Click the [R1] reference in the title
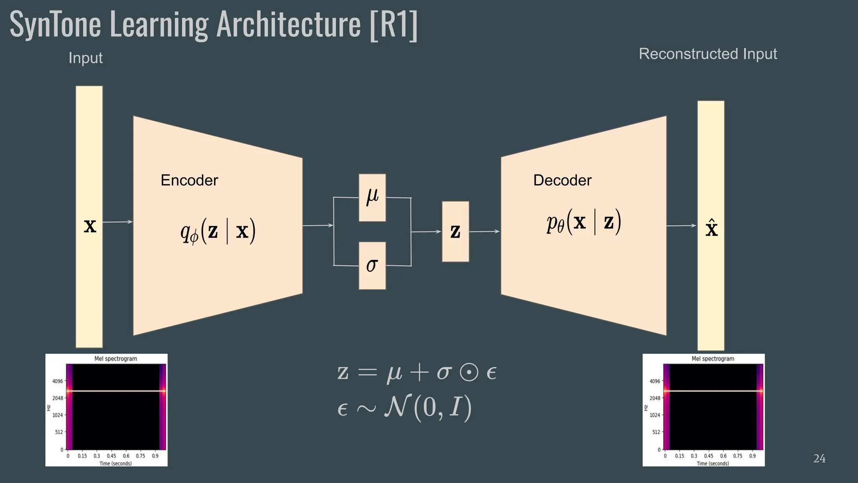tap(394, 25)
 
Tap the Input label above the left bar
tap(85, 58)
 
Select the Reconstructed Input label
tap(708, 54)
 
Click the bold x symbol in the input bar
tap(90, 226)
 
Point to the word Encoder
tap(189, 180)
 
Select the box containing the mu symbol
tap(372, 197)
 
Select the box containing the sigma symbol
tap(372, 265)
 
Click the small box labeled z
tap(455, 231)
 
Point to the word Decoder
tap(562, 180)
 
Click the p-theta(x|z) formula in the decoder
tap(584, 222)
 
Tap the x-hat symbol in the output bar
tap(711, 229)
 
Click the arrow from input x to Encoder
tap(118, 222)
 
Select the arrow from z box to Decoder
tap(484, 231)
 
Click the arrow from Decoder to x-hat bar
tap(681, 226)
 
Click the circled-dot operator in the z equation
tap(469, 373)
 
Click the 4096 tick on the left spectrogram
tap(57, 381)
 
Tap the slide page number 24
tap(819, 459)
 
